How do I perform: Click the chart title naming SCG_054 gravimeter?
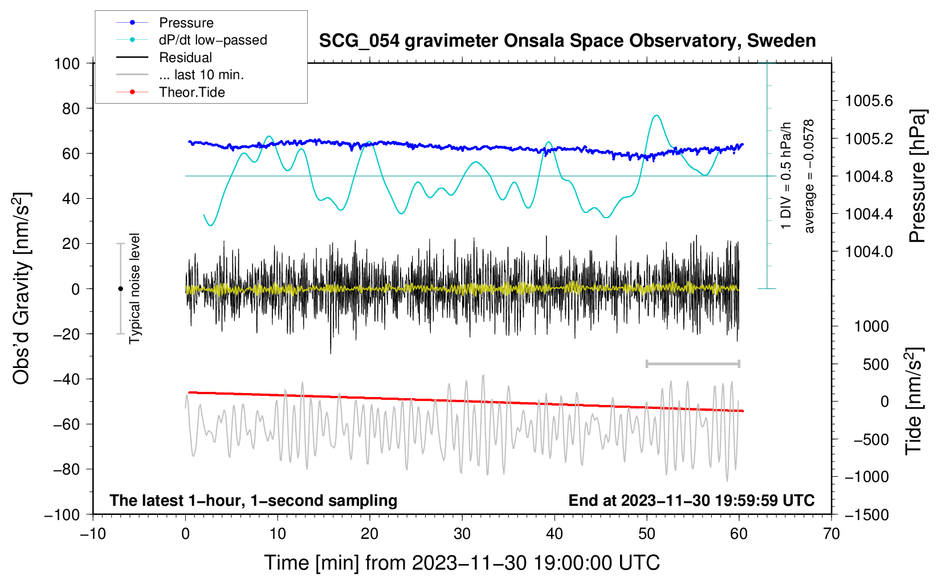(x=567, y=41)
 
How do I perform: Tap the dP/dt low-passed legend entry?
(x=213, y=40)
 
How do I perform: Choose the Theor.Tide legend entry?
(x=191, y=92)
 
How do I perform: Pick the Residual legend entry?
(x=185, y=58)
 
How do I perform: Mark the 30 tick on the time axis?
(x=462, y=534)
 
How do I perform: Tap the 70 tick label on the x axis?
(x=831, y=534)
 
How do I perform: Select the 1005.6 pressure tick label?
(x=868, y=101)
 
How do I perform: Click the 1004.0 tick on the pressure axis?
(x=868, y=252)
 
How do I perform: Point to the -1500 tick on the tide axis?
(x=866, y=514)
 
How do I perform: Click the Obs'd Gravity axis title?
(x=22, y=288)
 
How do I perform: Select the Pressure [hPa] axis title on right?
(x=918, y=177)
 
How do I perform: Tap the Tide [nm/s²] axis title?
(x=914, y=402)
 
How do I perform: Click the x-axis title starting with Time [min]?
(x=462, y=563)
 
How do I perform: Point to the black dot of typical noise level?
(x=120, y=289)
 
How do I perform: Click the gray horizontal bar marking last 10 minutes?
(x=692, y=363)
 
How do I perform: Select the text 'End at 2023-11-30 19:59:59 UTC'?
(x=691, y=500)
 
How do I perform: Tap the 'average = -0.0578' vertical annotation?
(x=809, y=177)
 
